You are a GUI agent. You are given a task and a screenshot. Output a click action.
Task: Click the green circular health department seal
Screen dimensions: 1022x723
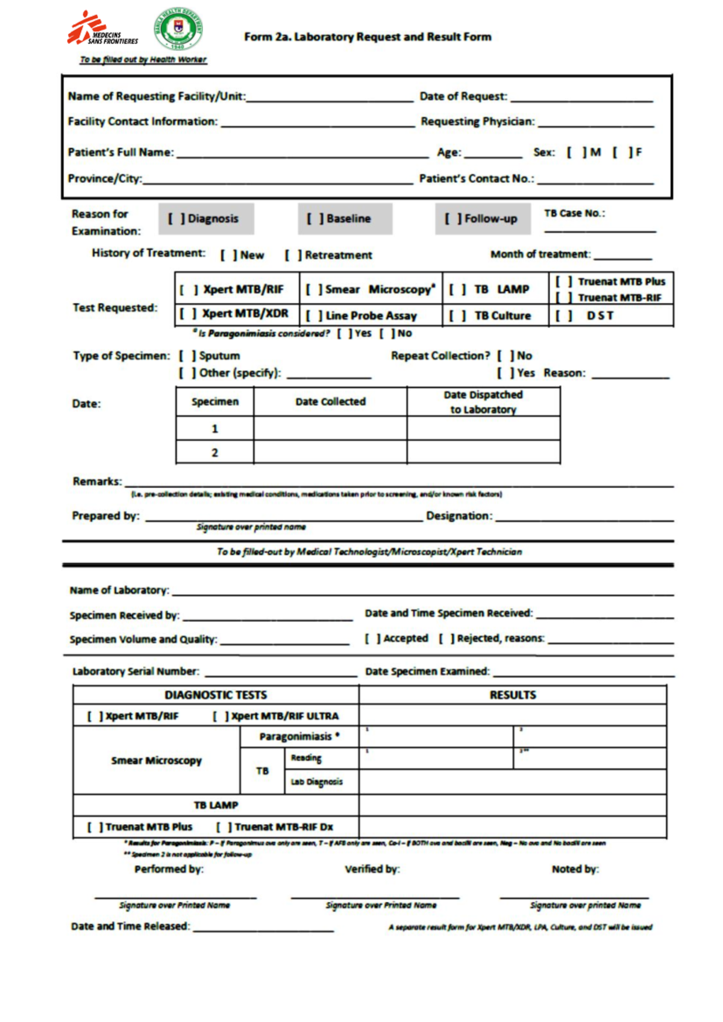178,29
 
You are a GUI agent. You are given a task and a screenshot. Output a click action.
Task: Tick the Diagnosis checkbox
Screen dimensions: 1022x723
176,219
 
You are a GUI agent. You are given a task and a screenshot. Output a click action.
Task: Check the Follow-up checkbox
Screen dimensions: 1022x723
452,219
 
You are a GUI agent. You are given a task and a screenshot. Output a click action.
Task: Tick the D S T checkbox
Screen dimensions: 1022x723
564,316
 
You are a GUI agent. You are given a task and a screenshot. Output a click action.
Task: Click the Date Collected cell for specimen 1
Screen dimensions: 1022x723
330,428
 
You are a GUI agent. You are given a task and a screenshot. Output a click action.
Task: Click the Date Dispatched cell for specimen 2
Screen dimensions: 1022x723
483,452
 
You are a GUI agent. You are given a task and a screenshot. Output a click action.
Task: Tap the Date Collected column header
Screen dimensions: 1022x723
330,401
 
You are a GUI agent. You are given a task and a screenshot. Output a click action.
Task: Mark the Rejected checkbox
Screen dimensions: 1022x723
446,639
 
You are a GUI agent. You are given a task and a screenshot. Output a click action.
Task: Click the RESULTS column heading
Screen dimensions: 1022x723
512,695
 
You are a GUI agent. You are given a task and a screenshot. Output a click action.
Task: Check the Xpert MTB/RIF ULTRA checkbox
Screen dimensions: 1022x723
221,716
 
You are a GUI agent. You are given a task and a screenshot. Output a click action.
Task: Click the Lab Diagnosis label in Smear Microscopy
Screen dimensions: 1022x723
316,782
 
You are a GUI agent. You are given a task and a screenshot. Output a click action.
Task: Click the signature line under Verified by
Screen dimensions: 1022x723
375,897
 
